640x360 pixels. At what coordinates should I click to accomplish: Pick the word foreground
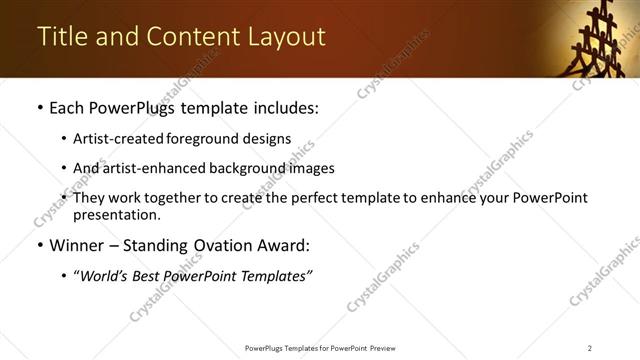pos(199,139)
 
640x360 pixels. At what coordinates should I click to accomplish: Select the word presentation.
pos(116,214)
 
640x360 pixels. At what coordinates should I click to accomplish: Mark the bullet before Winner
pos(39,245)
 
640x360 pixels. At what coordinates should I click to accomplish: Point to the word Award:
pos(285,245)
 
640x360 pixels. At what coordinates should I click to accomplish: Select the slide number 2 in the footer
pos(590,347)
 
